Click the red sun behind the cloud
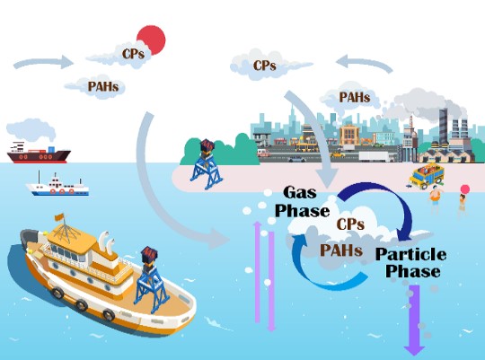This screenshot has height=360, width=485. coord(152,39)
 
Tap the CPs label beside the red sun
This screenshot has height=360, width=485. coord(133,54)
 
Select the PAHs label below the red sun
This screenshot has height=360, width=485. coord(103,86)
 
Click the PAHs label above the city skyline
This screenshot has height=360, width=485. coord(355,98)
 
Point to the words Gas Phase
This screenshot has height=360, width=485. coord(302,202)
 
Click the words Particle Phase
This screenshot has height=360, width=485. coord(411,262)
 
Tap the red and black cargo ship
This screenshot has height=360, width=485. coord(39,153)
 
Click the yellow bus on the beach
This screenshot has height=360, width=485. coord(427,176)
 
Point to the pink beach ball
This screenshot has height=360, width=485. coord(465,189)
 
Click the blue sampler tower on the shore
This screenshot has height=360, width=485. coord(206,164)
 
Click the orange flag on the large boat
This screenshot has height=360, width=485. coord(59,217)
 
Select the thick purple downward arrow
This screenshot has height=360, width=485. coord(414,320)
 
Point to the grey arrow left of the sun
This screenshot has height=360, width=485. coord(43,62)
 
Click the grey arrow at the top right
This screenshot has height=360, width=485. coord(365,63)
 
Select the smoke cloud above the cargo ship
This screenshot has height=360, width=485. coord(31,130)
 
